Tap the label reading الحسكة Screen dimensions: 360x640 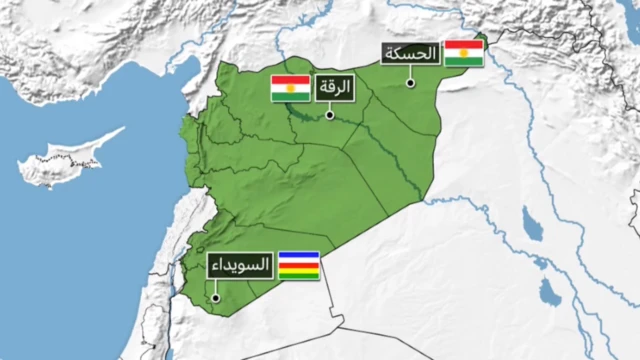pyautogui.click(x=410, y=55)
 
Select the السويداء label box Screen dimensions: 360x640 pyautogui.click(x=239, y=266)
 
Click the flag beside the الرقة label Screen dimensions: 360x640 pyautogui.click(x=291, y=89)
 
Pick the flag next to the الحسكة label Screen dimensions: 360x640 pyautogui.click(x=464, y=54)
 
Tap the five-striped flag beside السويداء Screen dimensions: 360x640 pyautogui.click(x=298, y=265)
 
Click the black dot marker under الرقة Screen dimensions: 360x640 pyautogui.click(x=330, y=115)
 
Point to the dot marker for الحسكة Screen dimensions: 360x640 pyautogui.click(x=410, y=82)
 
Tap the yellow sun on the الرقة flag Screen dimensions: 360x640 pyautogui.click(x=291, y=89)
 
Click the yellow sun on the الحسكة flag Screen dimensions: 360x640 pyautogui.click(x=464, y=54)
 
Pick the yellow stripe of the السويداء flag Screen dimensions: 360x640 pyautogui.click(x=298, y=270)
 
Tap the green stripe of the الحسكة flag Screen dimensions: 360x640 pyautogui.click(x=464, y=62)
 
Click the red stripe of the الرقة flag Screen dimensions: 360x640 pyautogui.click(x=291, y=80)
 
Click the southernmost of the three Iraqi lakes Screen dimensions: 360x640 pyautogui.click(x=548, y=291)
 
